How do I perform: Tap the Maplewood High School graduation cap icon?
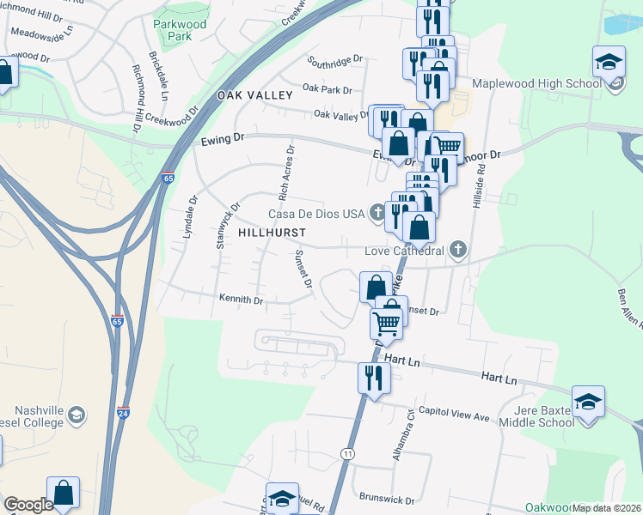[x=608, y=64]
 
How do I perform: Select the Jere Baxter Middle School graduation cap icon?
[x=588, y=402]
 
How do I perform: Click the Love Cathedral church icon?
[x=458, y=250]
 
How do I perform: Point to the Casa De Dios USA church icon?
[x=377, y=213]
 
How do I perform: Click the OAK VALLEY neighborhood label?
[x=255, y=95]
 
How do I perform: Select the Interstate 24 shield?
[x=124, y=413]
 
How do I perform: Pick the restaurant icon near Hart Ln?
[x=373, y=378]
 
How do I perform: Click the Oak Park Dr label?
[x=328, y=89]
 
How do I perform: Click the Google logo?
[x=28, y=505]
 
